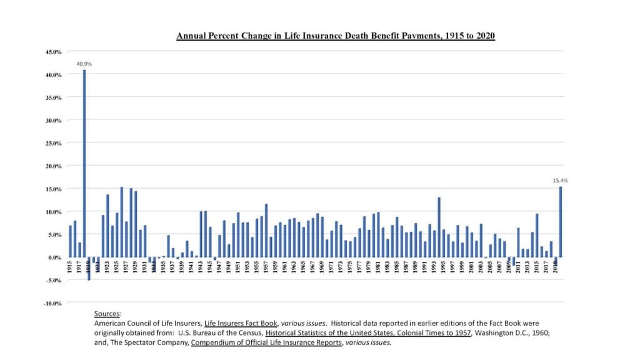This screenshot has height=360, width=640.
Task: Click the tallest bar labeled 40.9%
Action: [x=84, y=163]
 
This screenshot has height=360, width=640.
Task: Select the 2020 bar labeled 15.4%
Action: [x=561, y=222]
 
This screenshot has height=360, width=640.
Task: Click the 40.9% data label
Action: [x=84, y=63]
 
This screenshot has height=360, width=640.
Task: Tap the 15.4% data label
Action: [x=560, y=180]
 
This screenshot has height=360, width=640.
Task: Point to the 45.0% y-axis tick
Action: [x=53, y=52]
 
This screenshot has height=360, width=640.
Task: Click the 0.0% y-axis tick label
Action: [x=54, y=257]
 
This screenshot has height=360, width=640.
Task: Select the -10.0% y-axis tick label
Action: [x=53, y=303]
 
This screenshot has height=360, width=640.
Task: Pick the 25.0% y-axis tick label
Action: [x=53, y=143]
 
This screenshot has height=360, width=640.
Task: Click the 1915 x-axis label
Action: [x=71, y=267]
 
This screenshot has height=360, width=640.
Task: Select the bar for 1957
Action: [x=266, y=231]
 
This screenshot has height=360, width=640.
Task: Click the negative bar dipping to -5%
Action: [x=89, y=269]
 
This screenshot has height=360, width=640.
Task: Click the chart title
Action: [x=335, y=36]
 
